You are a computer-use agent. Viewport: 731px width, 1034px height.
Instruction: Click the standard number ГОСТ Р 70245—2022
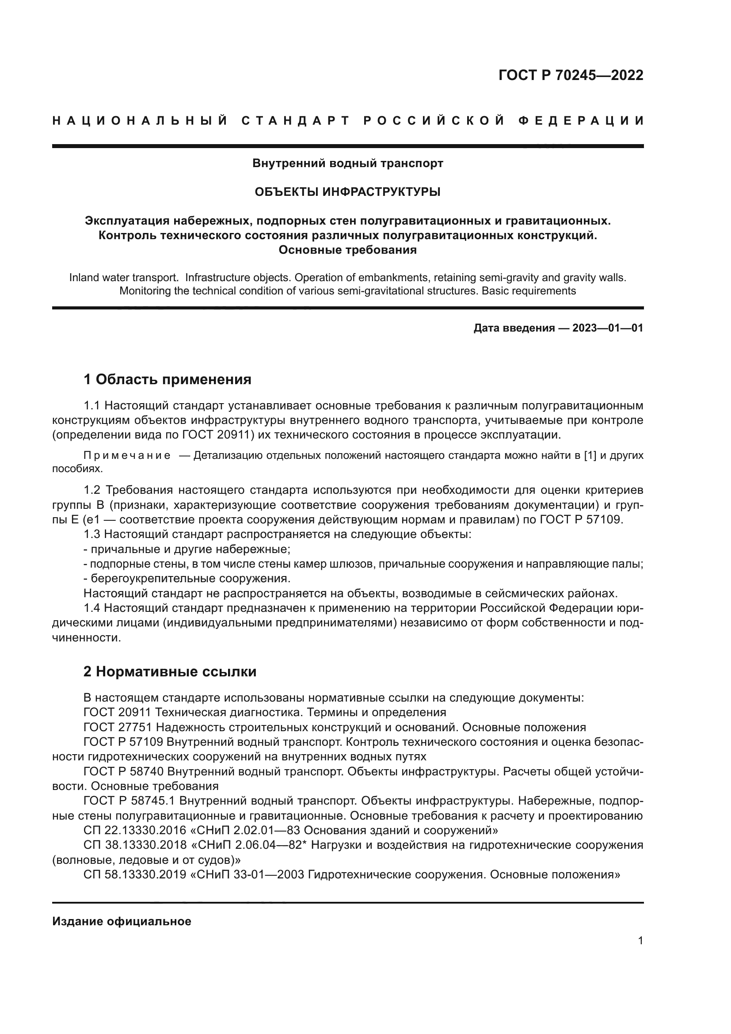[571, 75]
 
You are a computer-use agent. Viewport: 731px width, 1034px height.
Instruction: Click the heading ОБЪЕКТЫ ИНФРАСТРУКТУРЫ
[347, 192]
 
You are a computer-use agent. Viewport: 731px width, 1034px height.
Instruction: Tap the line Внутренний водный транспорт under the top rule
[347, 164]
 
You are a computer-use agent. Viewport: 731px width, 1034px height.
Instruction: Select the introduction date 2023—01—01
[608, 328]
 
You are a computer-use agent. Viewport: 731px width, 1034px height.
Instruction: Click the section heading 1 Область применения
[168, 380]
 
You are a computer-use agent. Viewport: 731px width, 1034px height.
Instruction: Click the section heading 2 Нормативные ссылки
[170, 672]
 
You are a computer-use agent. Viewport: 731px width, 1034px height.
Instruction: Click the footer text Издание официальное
[122, 922]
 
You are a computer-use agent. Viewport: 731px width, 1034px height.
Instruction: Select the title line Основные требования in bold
[347, 250]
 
